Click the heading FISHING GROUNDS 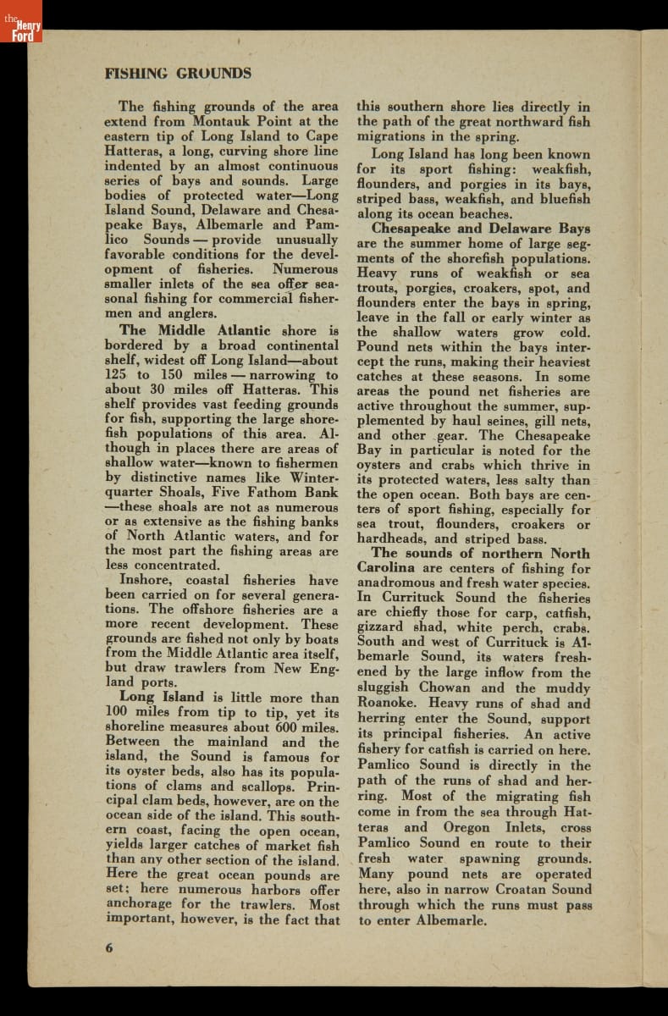pyautogui.click(x=178, y=73)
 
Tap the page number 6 pyautogui.click(x=109, y=947)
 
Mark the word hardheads pyautogui.click(x=389, y=538)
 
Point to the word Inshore pyautogui.click(x=148, y=581)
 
